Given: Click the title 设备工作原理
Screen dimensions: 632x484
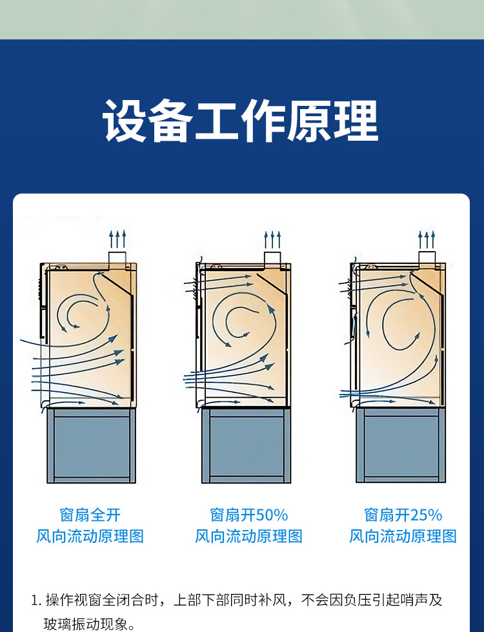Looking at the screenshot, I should click(241, 121).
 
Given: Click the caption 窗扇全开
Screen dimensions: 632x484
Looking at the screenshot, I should click(90, 515).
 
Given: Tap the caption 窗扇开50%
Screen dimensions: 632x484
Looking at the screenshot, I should click(249, 515).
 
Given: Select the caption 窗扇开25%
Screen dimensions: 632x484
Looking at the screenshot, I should click(403, 515).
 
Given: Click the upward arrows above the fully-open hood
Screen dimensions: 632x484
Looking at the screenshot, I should click(117, 238).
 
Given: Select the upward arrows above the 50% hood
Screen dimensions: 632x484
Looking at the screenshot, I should click(272, 240).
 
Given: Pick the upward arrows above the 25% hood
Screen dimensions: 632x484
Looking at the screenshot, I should click(427, 240).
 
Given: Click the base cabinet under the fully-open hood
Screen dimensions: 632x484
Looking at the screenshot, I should click(91, 446).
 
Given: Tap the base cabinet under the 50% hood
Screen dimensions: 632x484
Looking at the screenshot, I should click(246, 446).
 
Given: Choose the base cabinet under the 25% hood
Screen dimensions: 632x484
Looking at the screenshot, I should click(400, 446).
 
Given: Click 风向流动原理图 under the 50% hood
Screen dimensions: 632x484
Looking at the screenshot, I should click(249, 536).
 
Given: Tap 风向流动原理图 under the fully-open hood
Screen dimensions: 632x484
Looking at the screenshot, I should click(90, 536).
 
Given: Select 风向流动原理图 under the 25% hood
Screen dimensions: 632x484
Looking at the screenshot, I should click(403, 536).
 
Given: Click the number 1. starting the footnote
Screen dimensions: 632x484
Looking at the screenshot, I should click(36, 600).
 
